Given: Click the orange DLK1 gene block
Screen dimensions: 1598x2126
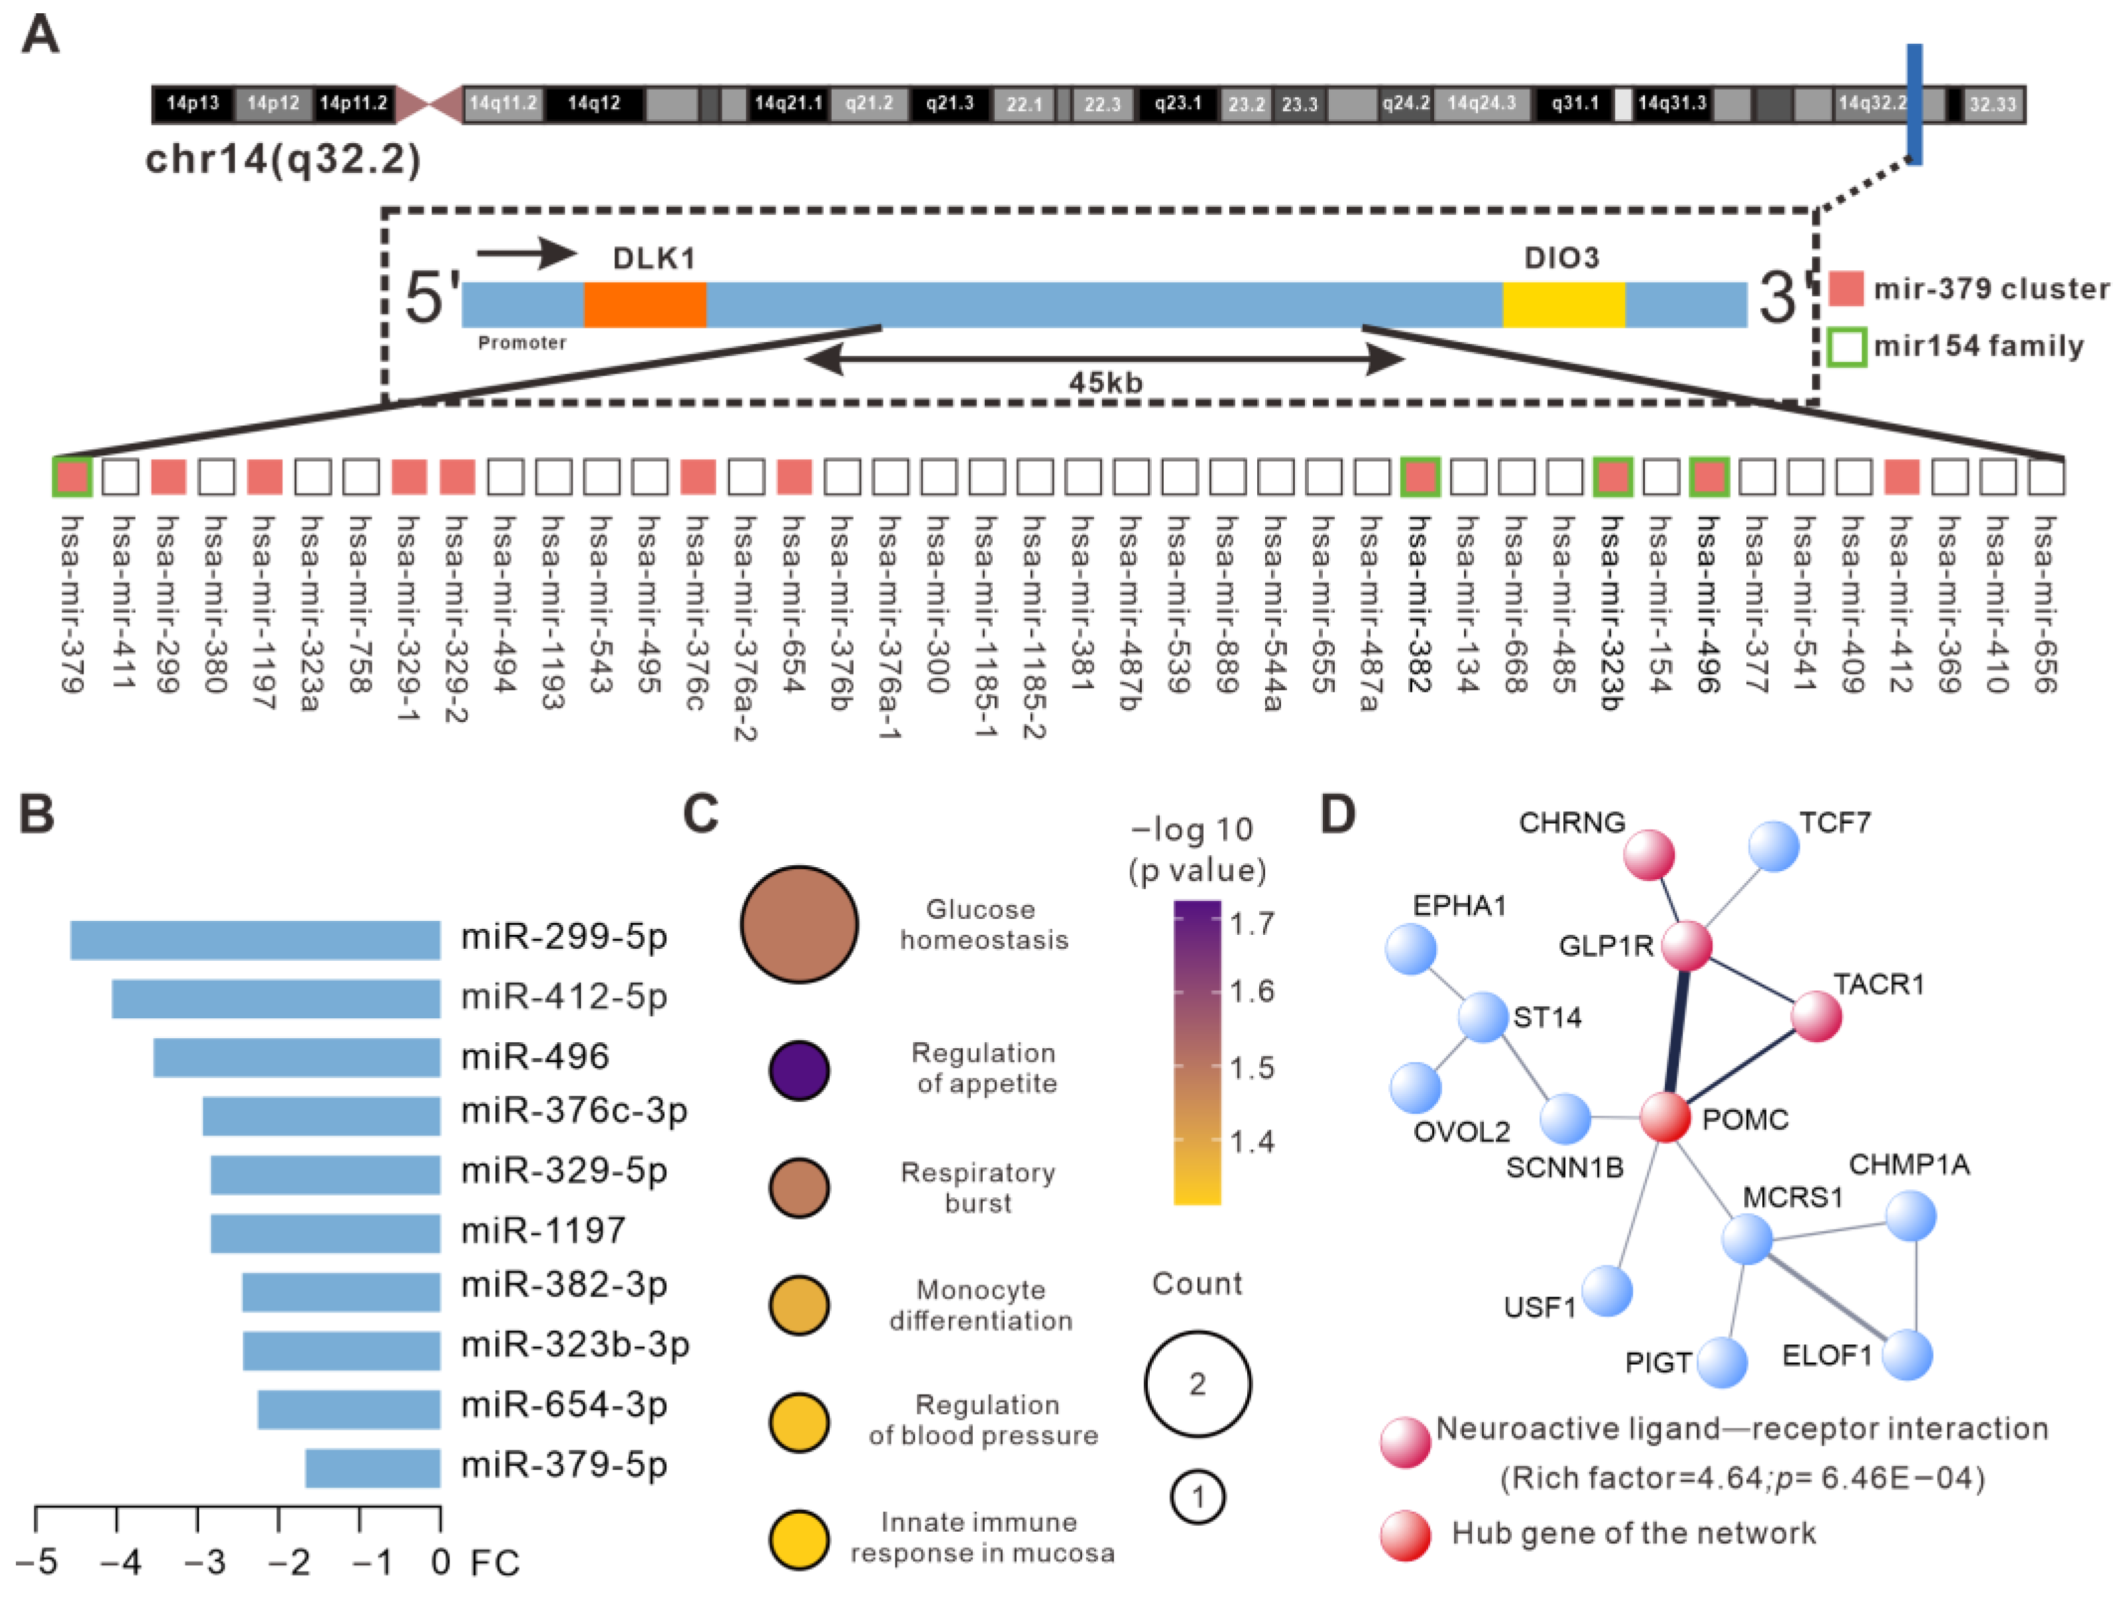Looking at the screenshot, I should (644, 305).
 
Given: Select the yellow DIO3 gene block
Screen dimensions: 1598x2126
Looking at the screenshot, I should (1564, 305).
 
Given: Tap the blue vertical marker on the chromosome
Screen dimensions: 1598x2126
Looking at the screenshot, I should (1915, 104).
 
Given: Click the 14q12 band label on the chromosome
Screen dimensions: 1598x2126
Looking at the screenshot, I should (594, 103).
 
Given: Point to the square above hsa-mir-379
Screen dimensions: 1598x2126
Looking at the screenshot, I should (72, 476).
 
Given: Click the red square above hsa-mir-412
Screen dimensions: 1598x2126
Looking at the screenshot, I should (1901, 476).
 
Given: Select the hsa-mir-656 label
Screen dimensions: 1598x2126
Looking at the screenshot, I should (2045, 604).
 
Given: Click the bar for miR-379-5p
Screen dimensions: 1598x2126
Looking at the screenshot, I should (373, 1467).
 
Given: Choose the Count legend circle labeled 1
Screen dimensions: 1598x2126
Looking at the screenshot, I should (1198, 1497).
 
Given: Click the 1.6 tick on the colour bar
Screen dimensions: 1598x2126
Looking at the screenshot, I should (1253, 990).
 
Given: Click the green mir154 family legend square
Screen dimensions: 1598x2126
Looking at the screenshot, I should (1846, 347).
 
